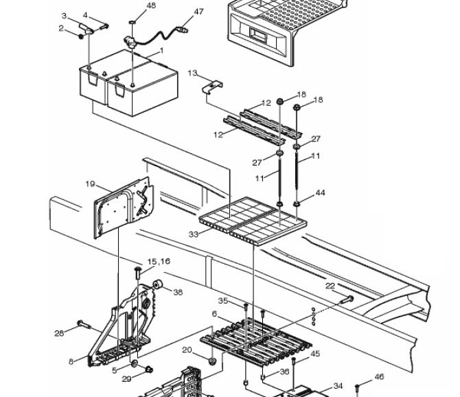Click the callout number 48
click(x=151, y=5)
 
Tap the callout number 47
click(x=198, y=12)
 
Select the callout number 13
click(x=192, y=73)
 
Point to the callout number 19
click(x=90, y=183)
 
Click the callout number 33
click(x=194, y=234)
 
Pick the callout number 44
click(x=321, y=192)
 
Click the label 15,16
click(x=159, y=261)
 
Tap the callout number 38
click(x=178, y=292)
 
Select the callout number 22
click(x=330, y=286)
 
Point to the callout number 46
click(x=379, y=376)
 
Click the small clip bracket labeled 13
click(x=213, y=87)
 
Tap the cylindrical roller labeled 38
click(x=158, y=284)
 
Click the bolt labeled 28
click(x=84, y=324)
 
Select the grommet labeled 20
click(x=212, y=361)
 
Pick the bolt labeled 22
click(x=347, y=299)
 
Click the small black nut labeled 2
click(x=81, y=36)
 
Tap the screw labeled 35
click(x=246, y=308)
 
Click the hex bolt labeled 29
click(x=149, y=369)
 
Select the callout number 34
click(x=338, y=386)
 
